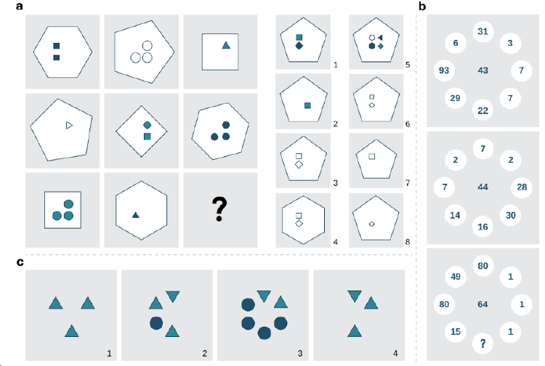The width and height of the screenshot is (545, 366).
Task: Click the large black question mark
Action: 219,209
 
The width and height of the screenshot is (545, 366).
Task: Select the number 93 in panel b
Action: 444,70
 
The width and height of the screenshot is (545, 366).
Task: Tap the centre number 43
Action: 483,70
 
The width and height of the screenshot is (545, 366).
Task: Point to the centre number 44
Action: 483,187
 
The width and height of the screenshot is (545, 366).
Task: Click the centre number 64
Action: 483,304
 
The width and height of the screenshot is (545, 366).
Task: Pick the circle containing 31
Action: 483,32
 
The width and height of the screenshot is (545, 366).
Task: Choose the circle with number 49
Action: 456,277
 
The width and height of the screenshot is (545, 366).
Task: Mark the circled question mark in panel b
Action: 483,343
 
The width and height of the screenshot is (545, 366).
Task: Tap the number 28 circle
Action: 522,187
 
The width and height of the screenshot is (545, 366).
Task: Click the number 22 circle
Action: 483,111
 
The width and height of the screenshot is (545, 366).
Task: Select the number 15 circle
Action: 456,332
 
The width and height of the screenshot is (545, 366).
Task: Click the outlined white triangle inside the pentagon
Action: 69,126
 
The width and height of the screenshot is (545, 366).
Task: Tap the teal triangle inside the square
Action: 226,45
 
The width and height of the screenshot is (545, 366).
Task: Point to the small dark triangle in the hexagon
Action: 136,215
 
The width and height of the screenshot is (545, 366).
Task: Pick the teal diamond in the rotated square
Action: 147,125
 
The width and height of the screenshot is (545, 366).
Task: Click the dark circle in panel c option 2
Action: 156,323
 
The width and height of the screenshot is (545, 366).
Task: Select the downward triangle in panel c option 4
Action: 355,296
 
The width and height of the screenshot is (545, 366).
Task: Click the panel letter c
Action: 20,262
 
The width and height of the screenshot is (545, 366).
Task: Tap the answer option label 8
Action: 408,242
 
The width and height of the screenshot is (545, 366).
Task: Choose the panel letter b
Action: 422,7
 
